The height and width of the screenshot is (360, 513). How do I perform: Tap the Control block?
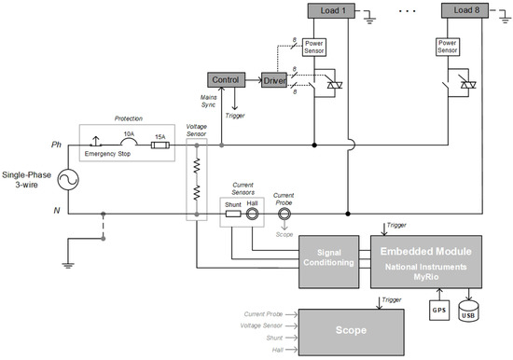click(227, 81)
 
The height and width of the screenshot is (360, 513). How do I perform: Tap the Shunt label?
click(233, 203)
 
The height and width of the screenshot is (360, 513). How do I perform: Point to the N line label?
click(57, 211)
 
